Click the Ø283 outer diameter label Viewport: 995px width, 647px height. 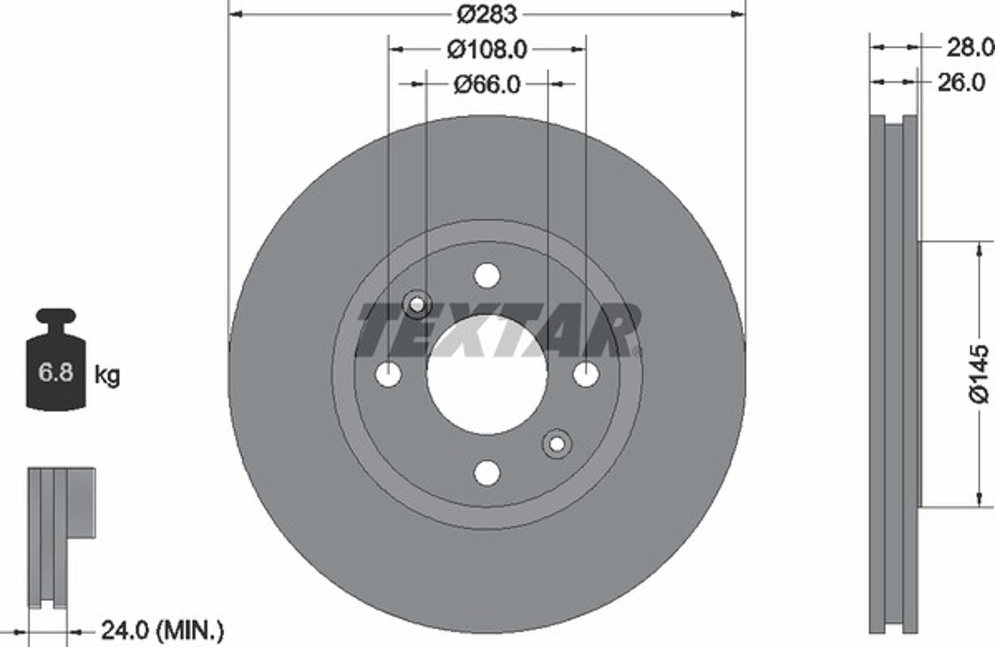[x=487, y=15]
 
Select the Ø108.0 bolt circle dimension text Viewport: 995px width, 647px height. [x=487, y=50]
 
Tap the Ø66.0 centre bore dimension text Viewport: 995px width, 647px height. [x=487, y=85]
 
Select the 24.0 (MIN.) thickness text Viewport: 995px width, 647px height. [x=163, y=631]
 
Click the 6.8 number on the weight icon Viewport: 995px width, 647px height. [x=56, y=372]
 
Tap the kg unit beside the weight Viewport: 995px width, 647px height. [x=107, y=375]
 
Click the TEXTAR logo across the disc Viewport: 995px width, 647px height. [x=498, y=330]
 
